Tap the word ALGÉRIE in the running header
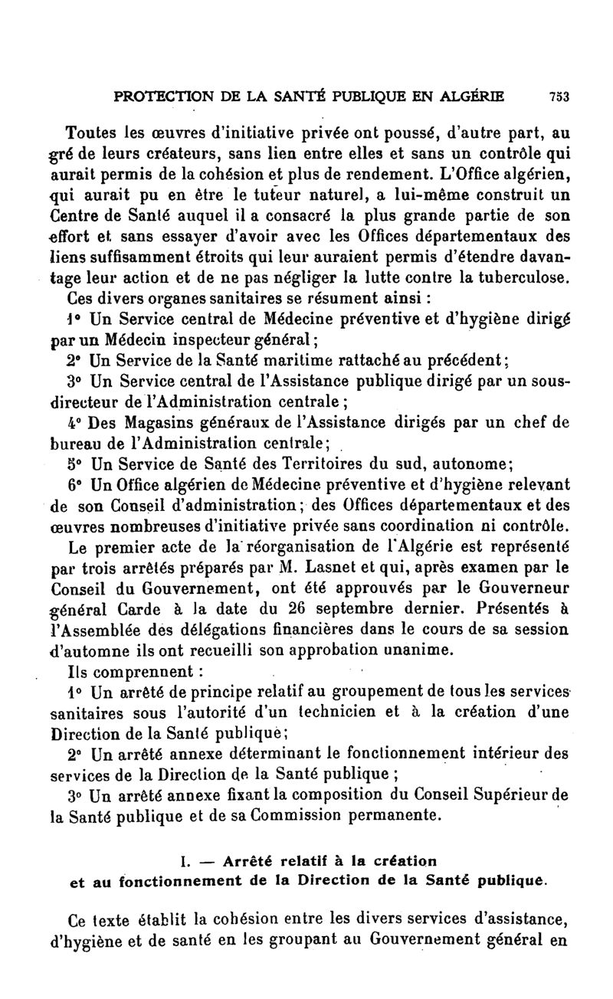(473, 97)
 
